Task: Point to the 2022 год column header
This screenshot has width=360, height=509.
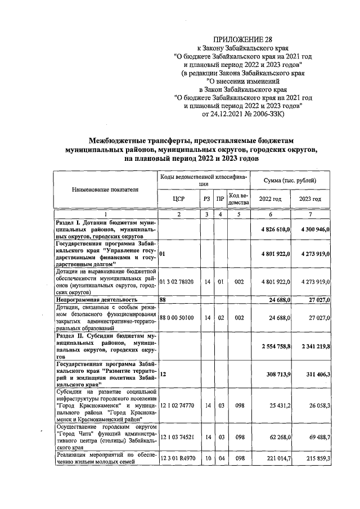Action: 270,199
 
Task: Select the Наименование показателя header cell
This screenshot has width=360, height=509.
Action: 105,190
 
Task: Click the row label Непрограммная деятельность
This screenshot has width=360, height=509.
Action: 96,300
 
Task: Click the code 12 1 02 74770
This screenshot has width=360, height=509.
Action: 177,404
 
